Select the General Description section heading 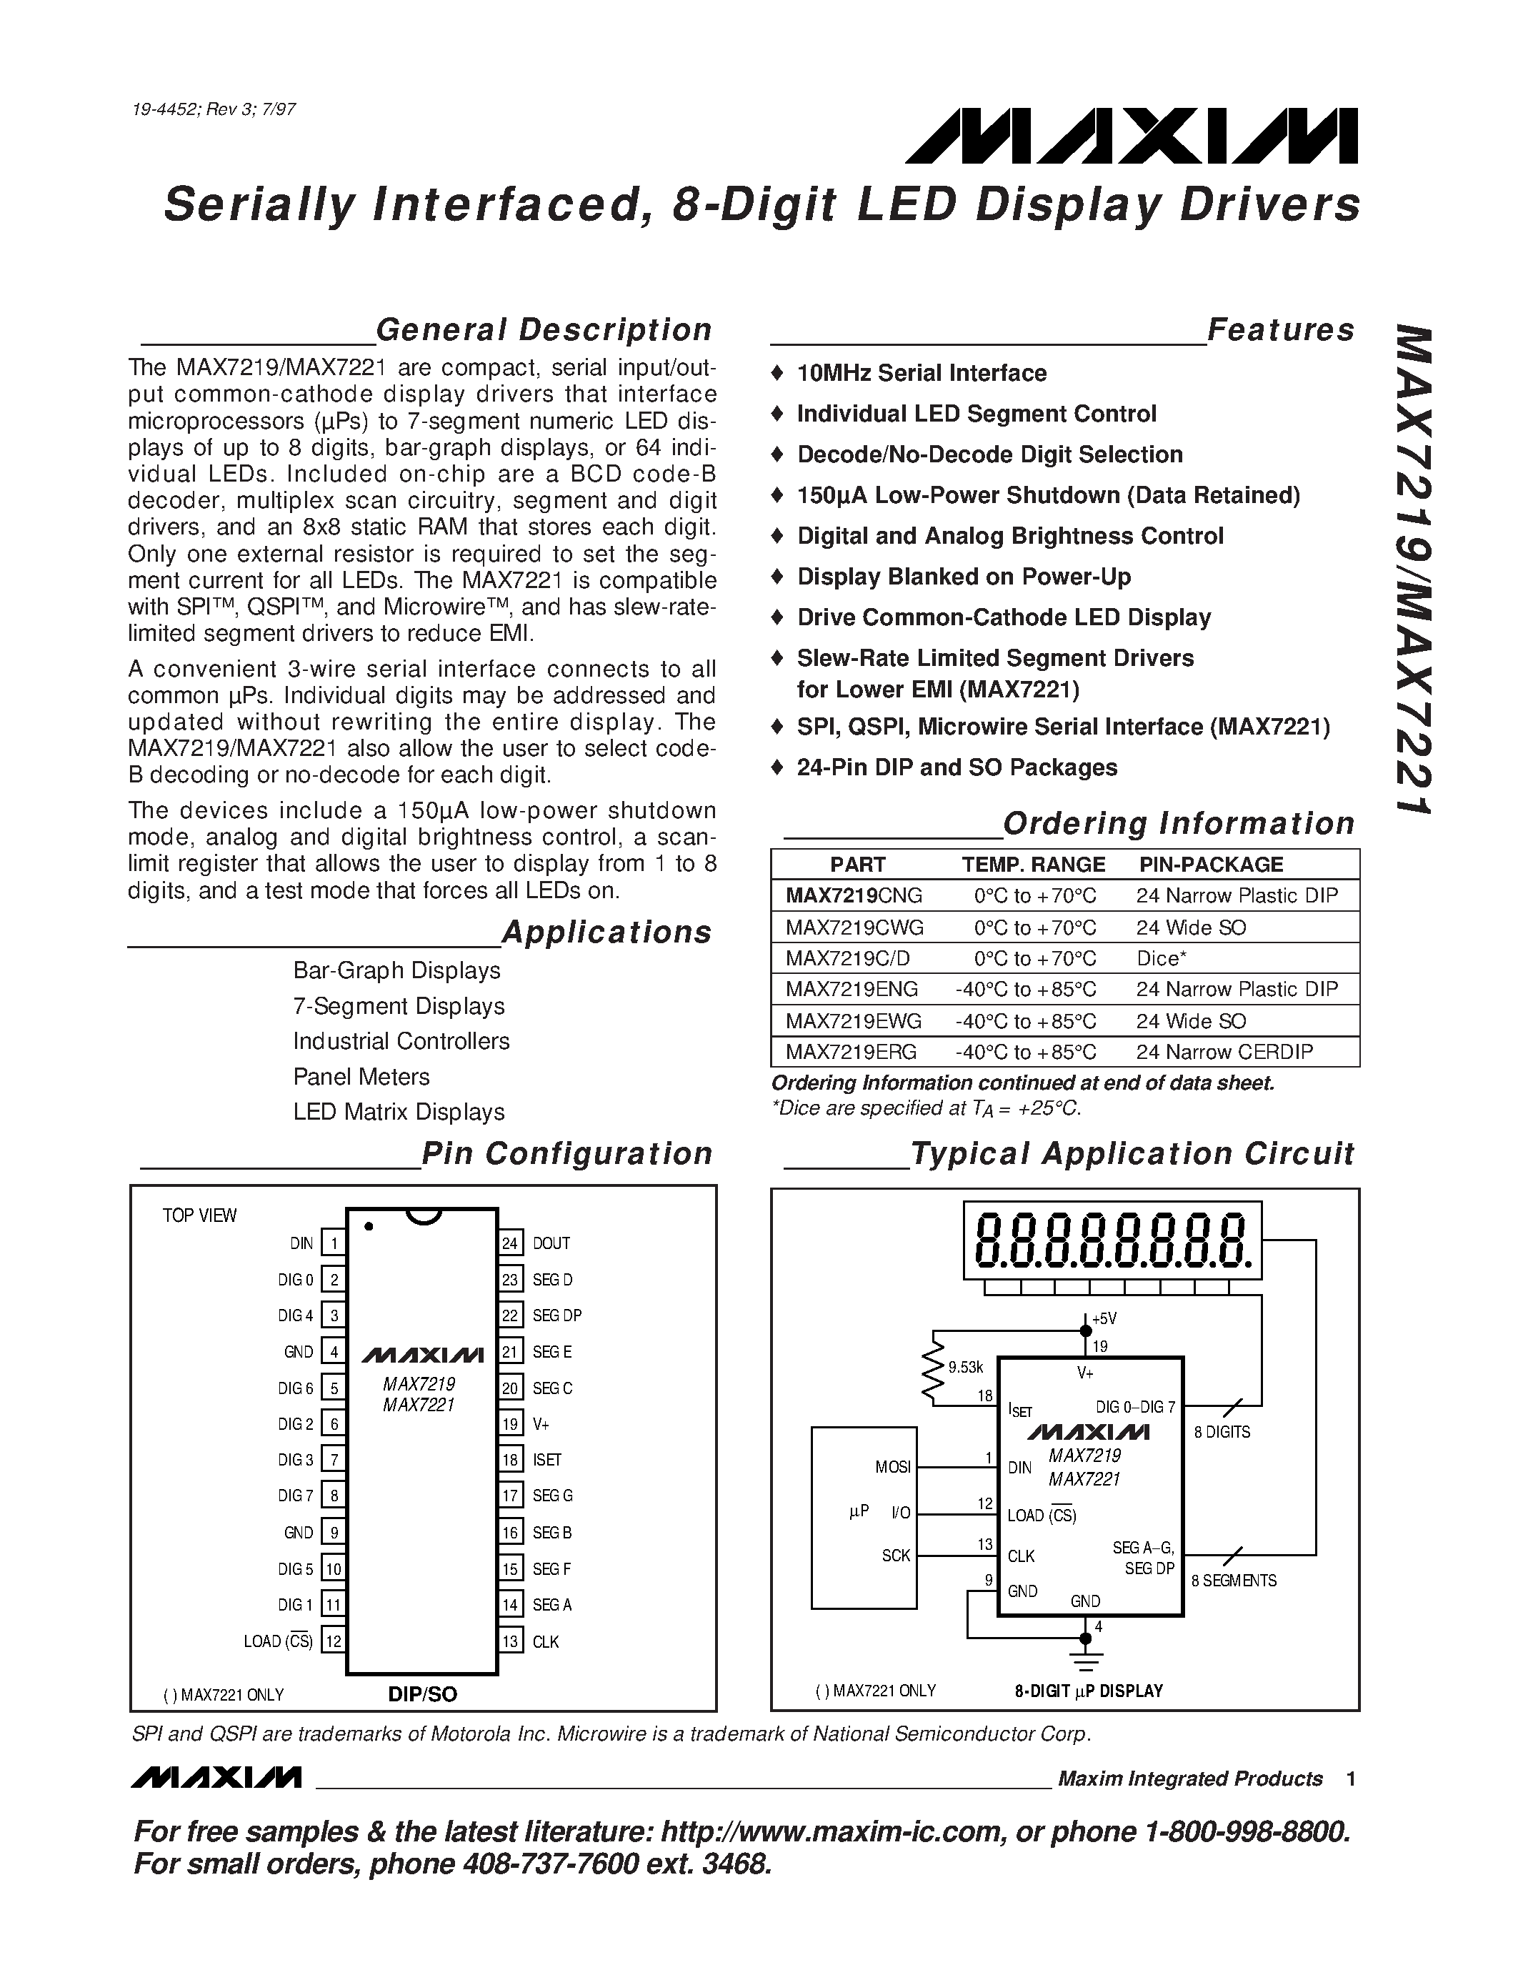pyautogui.click(x=543, y=330)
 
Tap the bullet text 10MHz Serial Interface pyautogui.click(x=921, y=374)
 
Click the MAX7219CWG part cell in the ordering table pyautogui.click(x=854, y=927)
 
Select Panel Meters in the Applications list pyautogui.click(x=361, y=1077)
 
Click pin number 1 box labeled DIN pyautogui.click(x=334, y=1243)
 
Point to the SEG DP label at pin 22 pyautogui.click(x=556, y=1315)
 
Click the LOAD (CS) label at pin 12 pyautogui.click(x=278, y=1642)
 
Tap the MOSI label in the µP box pyautogui.click(x=892, y=1468)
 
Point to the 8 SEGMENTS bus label pyautogui.click(x=1233, y=1581)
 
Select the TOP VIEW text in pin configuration pyautogui.click(x=199, y=1215)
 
